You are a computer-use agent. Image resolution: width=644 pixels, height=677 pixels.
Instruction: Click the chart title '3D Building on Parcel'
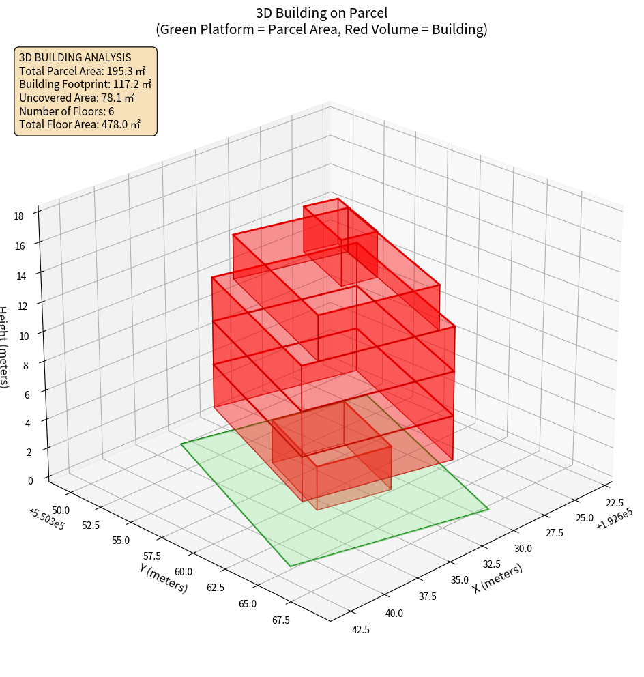322,12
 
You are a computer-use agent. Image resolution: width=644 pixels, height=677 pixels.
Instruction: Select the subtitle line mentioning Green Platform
322,29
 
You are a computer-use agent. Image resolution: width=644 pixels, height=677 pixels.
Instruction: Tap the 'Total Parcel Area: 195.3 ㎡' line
82,71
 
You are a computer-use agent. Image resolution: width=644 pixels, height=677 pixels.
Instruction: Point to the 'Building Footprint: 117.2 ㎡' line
85,85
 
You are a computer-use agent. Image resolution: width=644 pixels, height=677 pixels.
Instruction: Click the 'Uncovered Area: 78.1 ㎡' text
79,98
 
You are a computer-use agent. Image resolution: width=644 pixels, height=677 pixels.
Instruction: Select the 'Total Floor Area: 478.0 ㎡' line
80,125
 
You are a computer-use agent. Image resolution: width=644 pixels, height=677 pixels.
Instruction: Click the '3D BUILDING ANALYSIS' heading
75,57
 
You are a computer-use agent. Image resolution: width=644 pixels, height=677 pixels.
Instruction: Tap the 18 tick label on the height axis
18,216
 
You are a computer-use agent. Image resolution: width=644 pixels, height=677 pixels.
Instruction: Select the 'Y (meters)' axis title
164,577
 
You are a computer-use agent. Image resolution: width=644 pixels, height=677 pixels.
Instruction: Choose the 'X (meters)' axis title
498,579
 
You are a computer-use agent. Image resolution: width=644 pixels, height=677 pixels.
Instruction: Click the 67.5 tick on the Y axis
280,620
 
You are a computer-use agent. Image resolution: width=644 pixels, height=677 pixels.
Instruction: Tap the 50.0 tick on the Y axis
61,510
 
